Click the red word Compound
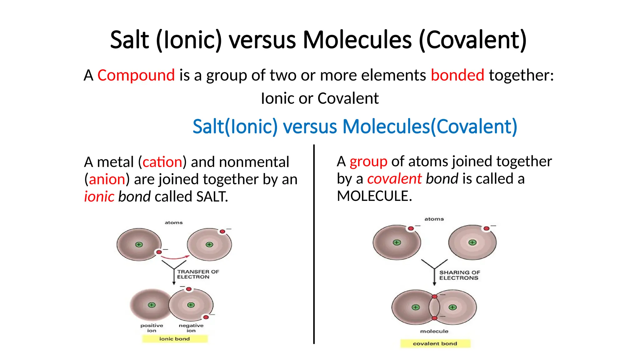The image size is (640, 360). [x=136, y=75]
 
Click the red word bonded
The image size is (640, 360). [x=457, y=75]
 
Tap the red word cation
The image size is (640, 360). [x=162, y=162]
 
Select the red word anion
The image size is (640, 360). [x=107, y=179]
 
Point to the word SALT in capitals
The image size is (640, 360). [x=212, y=197]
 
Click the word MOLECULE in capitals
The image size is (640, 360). [x=374, y=196]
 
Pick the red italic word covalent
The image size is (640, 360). [x=394, y=179]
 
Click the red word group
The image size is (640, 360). [x=368, y=162]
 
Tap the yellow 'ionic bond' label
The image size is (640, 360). [x=175, y=339]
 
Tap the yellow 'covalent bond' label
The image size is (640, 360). [x=435, y=343]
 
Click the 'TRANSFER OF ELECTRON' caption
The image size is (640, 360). [x=197, y=274]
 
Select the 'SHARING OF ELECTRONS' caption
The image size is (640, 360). [x=459, y=275]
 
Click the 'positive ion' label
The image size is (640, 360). [x=152, y=328]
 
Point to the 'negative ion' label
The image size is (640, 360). [x=191, y=328]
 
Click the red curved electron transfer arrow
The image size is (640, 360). [x=175, y=258]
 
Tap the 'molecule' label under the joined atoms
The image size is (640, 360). [x=434, y=331]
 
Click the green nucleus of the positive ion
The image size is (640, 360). [x=152, y=305]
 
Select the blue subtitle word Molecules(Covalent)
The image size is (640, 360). [x=430, y=127]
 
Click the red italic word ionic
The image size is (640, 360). [x=99, y=197]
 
